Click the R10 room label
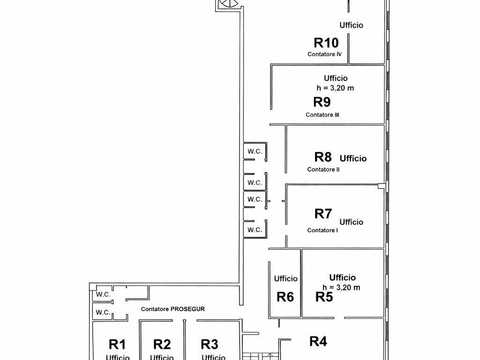click(326, 43)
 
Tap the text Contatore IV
click(324, 54)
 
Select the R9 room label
click(322, 102)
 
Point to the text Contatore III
click(322, 115)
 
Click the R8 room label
click(323, 157)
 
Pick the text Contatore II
click(323, 169)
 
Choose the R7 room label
click(323, 214)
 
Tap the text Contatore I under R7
click(322, 230)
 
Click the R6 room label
click(285, 297)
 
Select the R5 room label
click(324, 297)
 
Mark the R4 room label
click(318, 341)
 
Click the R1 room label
click(117, 345)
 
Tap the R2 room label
click(162, 345)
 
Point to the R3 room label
click(210, 345)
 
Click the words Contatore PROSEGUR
click(173, 309)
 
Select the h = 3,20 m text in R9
click(336, 88)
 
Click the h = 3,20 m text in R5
click(342, 288)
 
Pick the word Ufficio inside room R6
click(285, 278)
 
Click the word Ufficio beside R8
click(353, 158)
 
